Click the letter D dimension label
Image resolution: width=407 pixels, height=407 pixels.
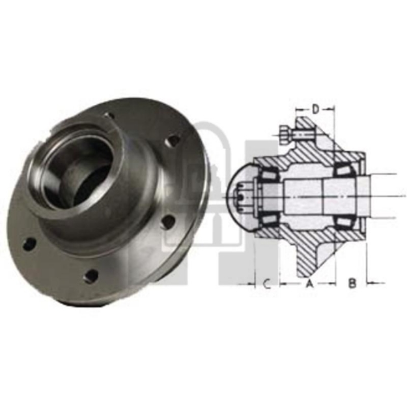pos(315,108)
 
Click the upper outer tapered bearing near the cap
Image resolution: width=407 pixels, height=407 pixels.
pos(266,171)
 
